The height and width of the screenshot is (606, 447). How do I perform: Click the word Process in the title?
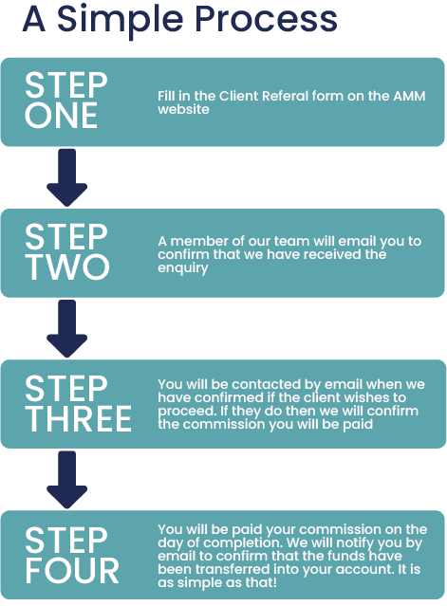point(266,19)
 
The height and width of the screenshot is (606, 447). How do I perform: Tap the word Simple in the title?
point(121,20)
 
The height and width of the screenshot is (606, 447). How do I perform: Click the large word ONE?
point(61,116)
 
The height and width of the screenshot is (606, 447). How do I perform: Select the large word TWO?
point(67,266)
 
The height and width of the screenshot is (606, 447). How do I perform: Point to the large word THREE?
point(79,418)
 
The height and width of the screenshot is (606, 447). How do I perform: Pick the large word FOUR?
point(72,571)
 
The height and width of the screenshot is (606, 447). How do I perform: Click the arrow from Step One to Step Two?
point(66,177)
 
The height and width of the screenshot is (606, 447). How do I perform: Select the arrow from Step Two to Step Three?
point(66,329)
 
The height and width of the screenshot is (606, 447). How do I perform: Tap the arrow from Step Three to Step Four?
point(66,480)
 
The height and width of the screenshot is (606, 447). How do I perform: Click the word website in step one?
point(183,109)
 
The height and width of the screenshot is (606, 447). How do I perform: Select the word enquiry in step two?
point(183,268)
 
